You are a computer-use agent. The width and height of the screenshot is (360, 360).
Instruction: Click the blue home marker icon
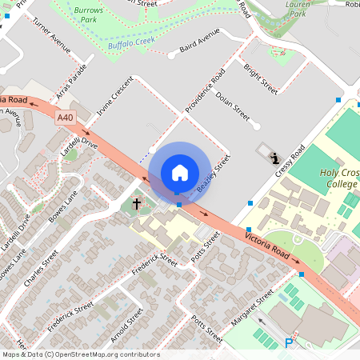(x=179, y=172)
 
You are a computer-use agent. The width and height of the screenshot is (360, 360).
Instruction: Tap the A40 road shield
(x=66, y=118)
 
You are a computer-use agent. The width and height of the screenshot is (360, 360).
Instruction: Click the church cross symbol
(x=137, y=205)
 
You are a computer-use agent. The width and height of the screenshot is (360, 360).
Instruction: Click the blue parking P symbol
(x=289, y=344)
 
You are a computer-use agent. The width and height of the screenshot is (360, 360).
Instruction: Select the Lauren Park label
(x=298, y=10)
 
